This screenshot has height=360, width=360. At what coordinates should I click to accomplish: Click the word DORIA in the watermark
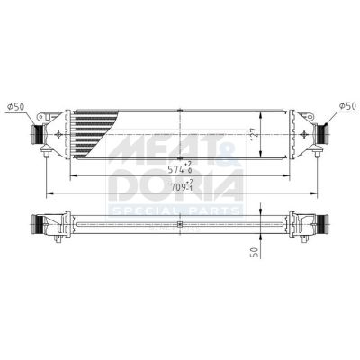[176, 185]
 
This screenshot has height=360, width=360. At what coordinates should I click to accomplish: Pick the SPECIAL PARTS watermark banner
[176, 211]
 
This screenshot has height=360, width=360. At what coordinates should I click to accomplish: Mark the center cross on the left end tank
[59, 135]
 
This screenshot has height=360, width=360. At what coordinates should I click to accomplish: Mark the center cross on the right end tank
[300, 135]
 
